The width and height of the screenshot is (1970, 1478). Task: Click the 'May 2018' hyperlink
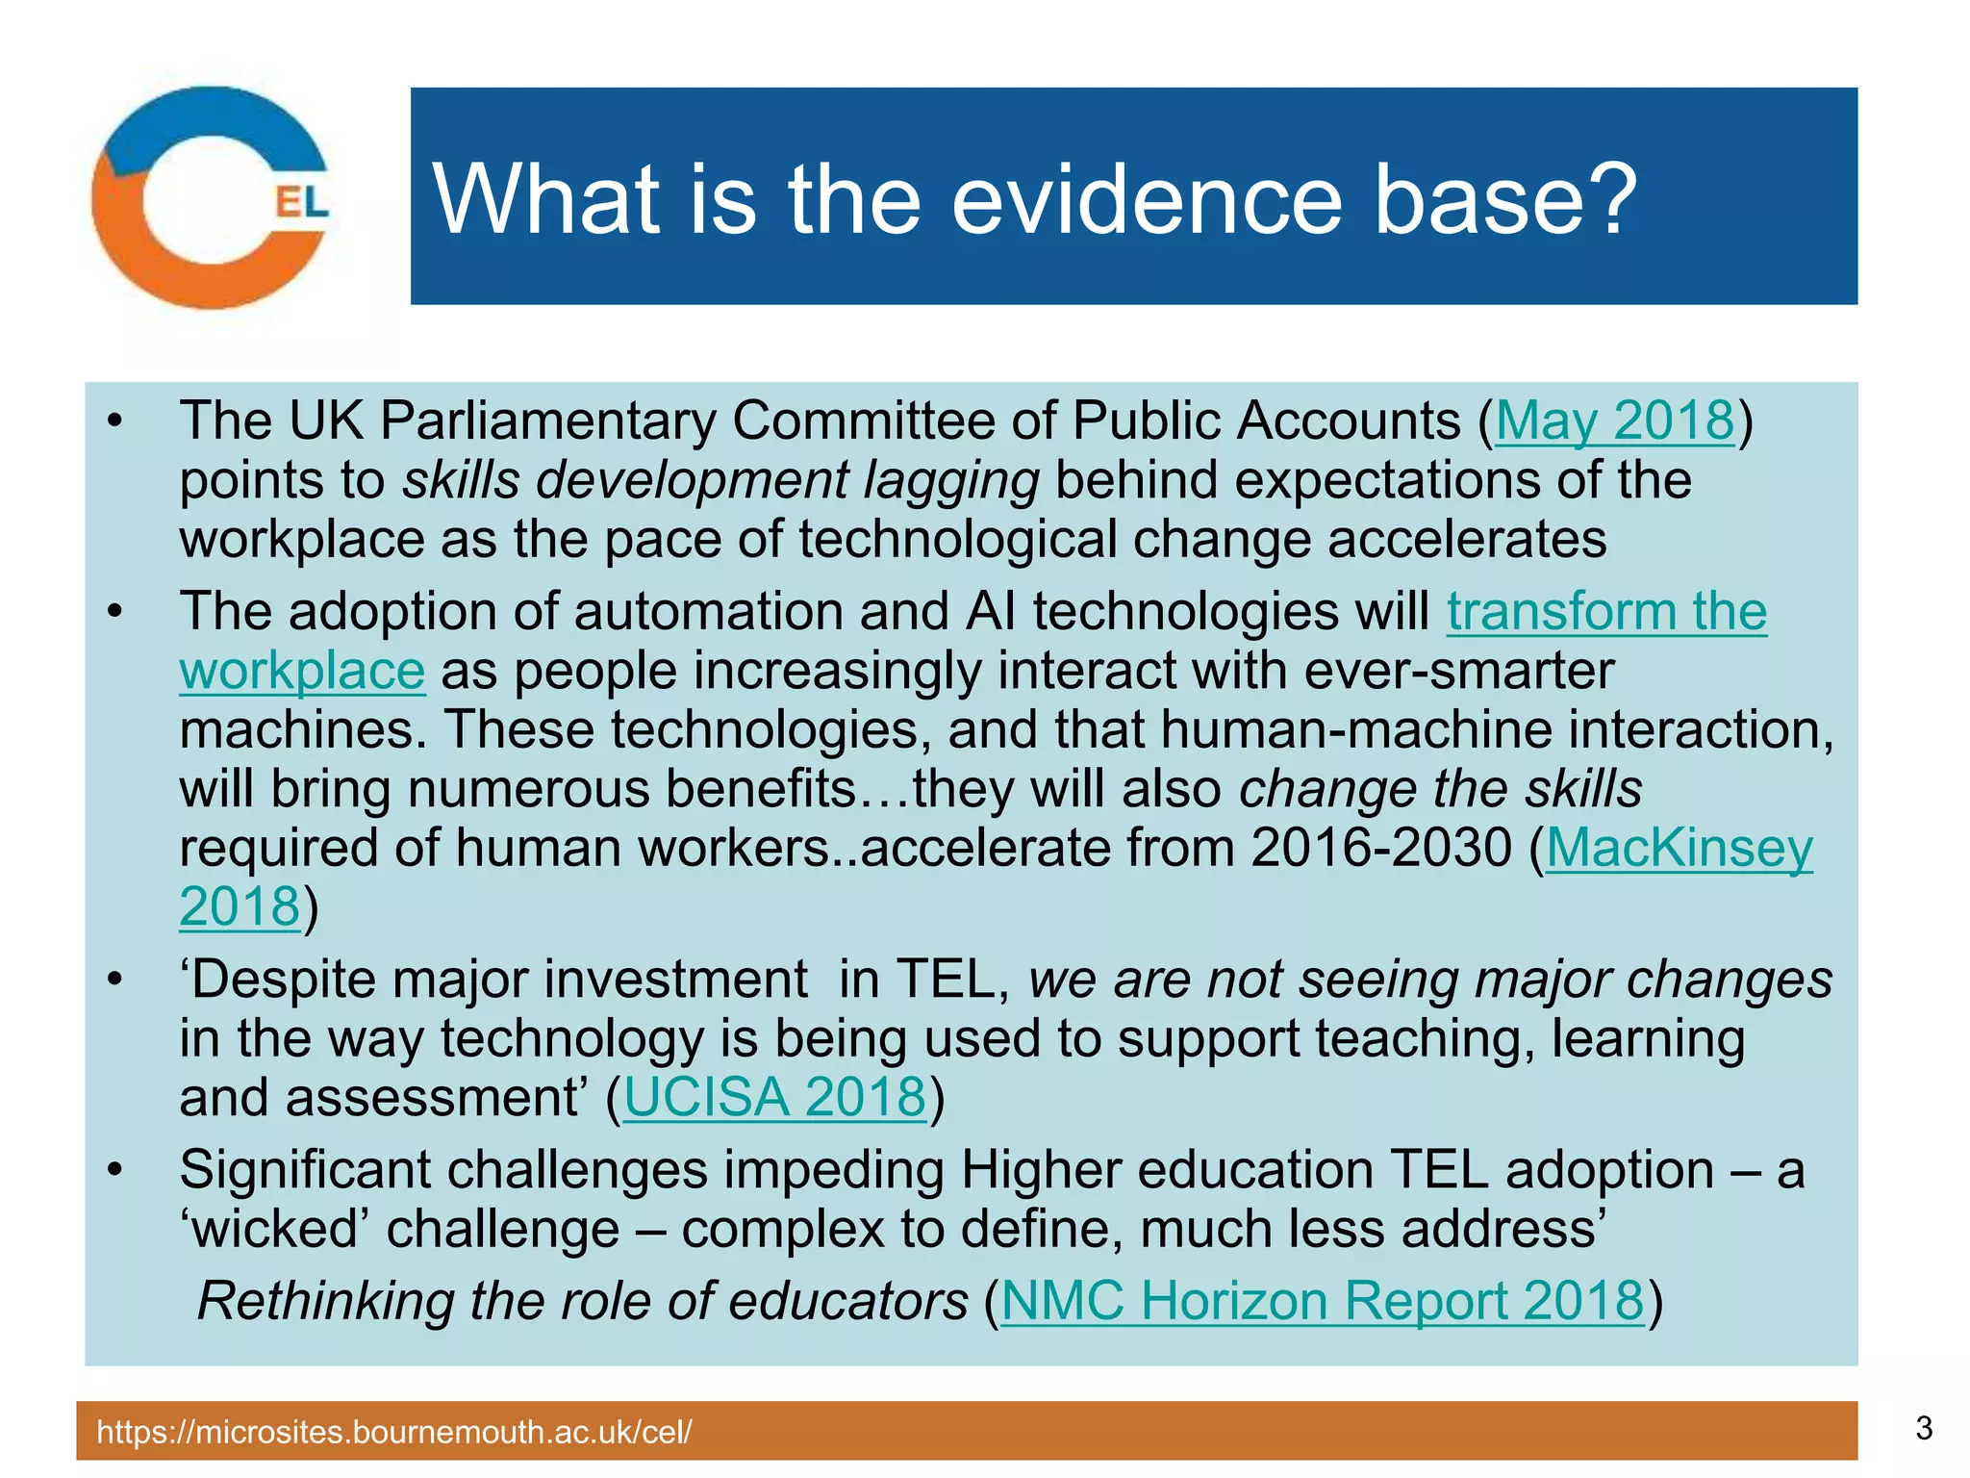click(1614, 421)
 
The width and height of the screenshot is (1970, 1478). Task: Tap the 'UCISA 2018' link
click(774, 1097)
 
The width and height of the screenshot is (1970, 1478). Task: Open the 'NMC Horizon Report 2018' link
click(1323, 1301)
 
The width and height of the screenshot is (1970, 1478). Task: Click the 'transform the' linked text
click(1606, 612)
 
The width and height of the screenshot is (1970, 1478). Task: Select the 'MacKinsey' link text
click(1679, 849)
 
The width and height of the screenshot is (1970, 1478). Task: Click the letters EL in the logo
click(301, 202)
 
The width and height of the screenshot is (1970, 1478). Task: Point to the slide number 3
click(1923, 1428)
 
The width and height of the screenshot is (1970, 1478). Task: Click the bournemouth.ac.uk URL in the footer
click(394, 1432)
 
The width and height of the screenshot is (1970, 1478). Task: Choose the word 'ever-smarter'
click(1458, 671)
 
